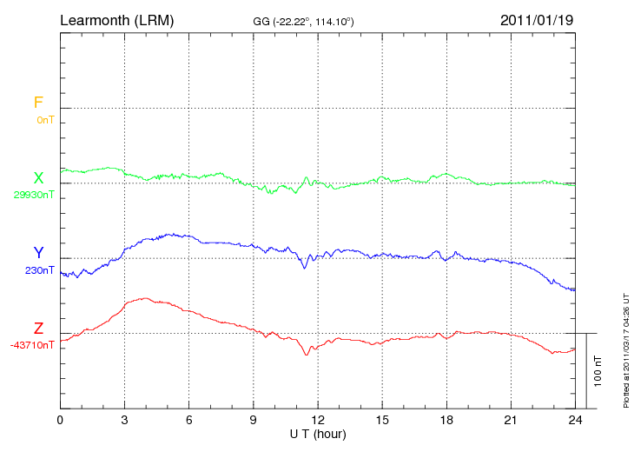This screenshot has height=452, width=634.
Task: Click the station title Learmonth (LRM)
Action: point(116,19)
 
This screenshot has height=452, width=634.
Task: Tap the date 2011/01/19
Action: point(536,19)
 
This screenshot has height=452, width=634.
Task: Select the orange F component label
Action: point(38,103)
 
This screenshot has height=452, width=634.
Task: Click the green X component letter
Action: point(38,178)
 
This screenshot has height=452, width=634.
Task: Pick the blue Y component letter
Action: point(38,253)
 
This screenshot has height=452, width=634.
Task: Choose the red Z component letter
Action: point(38,329)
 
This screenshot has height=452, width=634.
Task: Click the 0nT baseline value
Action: point(44,120)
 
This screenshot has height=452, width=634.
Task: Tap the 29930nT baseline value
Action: point(35,195)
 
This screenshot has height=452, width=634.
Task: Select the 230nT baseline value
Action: point(40,270)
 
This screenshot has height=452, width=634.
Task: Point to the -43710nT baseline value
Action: point(33,345)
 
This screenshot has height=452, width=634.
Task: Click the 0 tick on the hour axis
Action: point(60,421)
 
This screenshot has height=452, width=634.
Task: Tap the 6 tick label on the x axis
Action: point(189,421)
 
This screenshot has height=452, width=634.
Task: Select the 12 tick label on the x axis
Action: point(318,421)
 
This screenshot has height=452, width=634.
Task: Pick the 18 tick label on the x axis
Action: point(446,421)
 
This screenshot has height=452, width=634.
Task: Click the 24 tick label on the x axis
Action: point(575,421)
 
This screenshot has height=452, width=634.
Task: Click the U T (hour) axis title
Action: point(318,433)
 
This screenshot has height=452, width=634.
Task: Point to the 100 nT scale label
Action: point(598,370)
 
